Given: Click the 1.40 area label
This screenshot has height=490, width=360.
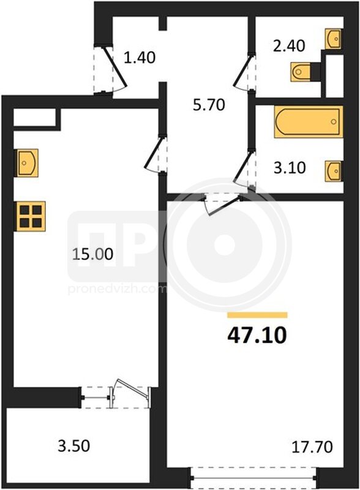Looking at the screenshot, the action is [x=140, y=58].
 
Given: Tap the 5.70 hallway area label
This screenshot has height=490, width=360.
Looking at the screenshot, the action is [x=209, y=105].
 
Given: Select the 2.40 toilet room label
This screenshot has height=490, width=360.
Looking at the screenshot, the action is [x=289, y=46].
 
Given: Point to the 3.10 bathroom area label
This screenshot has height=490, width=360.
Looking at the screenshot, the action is [x=290, y=168].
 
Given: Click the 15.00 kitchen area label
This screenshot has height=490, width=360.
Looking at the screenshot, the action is [x=92, y=254].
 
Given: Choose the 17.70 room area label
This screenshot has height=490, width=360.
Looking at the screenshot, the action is [x=312, y=447].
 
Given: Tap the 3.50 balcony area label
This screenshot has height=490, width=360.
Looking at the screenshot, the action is [x=74, y=446].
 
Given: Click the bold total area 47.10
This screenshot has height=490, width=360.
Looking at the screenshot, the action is [x=257, y=335].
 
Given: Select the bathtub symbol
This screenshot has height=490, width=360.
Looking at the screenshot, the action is [x=309, y=122].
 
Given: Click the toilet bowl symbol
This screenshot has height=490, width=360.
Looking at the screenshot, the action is [x=302, y=72].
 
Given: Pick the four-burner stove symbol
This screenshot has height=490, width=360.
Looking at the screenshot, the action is [x=31, y=216].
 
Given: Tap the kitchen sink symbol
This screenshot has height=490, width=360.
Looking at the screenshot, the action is [x=28, y=163].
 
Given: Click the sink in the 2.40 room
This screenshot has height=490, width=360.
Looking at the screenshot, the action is [x=334, y=39].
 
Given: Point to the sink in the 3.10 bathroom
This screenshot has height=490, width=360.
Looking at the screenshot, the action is [x=334, y=171].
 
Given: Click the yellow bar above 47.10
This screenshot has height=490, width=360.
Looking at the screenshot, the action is [x=257, y=315].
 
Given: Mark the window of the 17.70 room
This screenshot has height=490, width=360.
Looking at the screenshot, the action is [x=253, y=478].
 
